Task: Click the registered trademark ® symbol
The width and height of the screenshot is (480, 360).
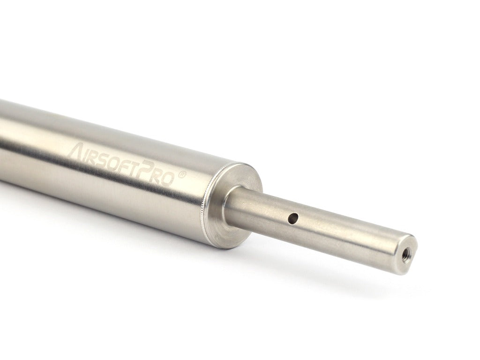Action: tap(182, 173)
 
